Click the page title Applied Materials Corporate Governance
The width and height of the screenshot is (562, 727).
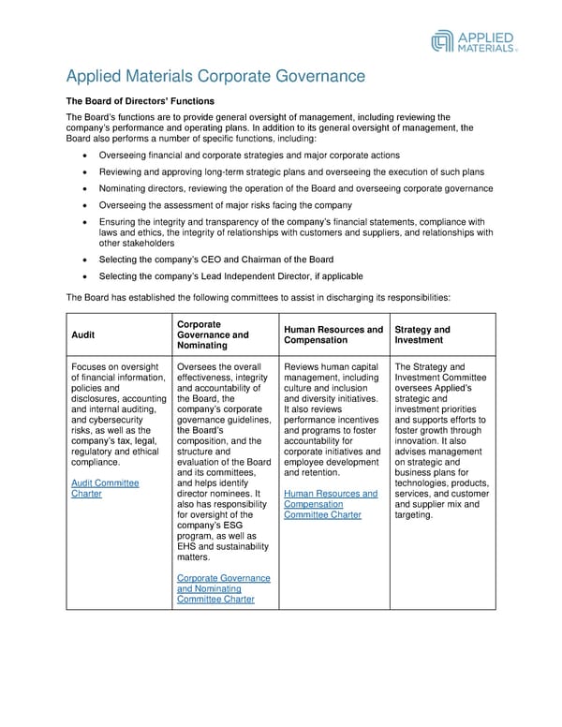coord(214,77)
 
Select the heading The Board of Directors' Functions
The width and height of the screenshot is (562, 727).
coord(140,100)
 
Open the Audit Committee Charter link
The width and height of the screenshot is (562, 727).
coord(105,488)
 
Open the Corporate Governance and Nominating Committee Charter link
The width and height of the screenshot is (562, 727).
coord(223,589)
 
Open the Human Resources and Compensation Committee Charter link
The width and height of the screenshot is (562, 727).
coord(330,504)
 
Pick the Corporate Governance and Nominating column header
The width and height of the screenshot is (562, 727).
coord(213,334)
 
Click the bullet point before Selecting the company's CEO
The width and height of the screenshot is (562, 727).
coord(87,260)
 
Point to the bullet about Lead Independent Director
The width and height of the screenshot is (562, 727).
coord(229,276)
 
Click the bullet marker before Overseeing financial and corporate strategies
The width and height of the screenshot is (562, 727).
coord(87,155)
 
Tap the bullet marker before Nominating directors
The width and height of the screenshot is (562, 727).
coord(87,188)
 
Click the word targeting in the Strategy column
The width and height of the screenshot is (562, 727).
coord(414,514)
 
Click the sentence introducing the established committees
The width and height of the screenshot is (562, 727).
coord(259,297)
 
